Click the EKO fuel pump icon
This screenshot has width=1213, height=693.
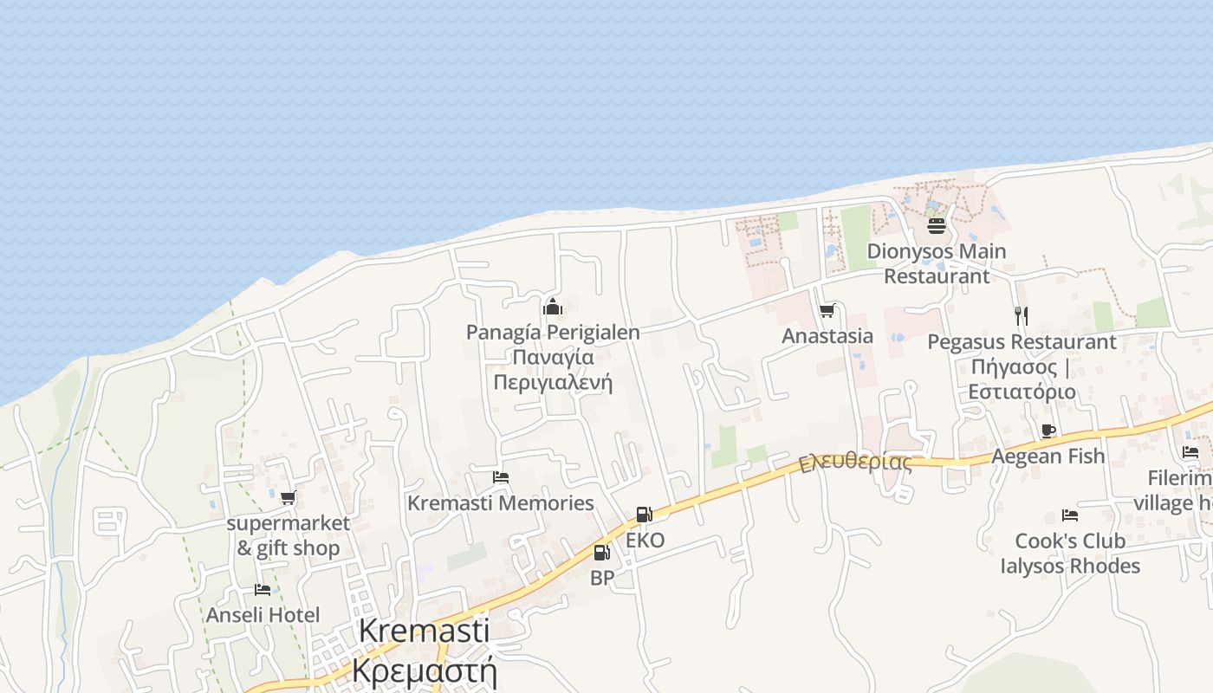[644, 515]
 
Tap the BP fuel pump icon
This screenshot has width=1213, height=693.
[601, 552]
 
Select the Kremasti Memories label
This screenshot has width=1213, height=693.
[501, 503]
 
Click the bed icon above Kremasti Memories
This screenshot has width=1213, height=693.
[500, 477]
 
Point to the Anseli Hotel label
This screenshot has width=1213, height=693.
[263, 615]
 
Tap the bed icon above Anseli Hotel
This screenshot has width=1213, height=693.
[263, 590]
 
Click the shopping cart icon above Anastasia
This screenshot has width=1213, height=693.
[827, 310]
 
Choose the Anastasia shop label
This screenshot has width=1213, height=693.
[827, 336]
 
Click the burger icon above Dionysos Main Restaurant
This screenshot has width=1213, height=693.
[937, 226]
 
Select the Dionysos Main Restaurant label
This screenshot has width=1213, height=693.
[937, 264]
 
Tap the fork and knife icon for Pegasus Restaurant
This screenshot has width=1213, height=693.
[1022, 316]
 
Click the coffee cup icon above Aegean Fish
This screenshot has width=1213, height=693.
[1048, 431]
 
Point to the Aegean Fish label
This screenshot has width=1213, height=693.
[1048, 457]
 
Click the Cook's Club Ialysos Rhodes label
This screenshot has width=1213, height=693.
[1070, 554]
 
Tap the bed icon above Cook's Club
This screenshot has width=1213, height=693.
[1070, 515]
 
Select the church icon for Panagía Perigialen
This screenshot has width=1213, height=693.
[553, 307]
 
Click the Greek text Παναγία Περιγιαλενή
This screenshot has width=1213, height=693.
[553, 370]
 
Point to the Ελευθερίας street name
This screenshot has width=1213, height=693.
[855, 462]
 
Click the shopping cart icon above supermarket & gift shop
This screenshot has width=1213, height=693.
[289, 498]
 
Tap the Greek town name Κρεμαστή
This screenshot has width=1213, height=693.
[424, 671]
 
